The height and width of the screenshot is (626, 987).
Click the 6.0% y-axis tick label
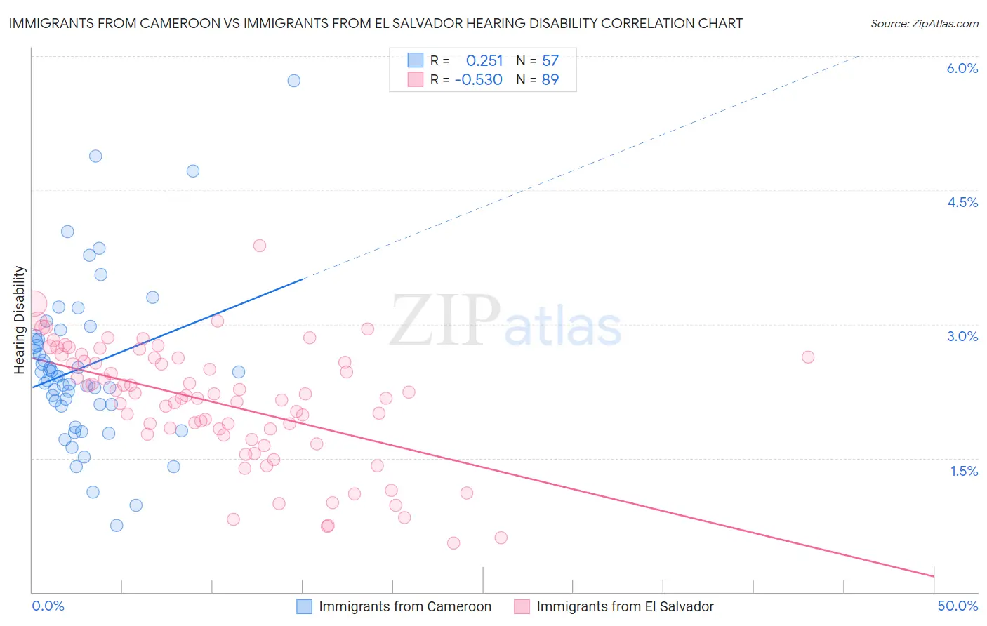pos(962,68)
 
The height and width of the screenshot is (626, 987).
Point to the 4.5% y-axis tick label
pos(962,202)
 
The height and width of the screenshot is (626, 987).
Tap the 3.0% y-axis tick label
pos(962,336)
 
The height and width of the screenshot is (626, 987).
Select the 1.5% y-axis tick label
pos(964,471)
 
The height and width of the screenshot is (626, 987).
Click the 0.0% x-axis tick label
pos(48,606)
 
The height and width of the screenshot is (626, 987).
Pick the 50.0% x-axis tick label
pos(958,606)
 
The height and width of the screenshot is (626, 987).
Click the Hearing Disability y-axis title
pos(20,319)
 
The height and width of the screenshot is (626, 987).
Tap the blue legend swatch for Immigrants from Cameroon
pos(304,606)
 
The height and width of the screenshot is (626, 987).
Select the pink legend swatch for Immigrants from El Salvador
pos(522,606)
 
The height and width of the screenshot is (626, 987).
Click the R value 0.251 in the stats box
pos(484,60)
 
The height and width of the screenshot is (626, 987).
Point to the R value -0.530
pos(479,80)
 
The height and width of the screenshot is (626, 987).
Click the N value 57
pos(550,60)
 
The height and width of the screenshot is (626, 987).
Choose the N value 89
pos(550,80)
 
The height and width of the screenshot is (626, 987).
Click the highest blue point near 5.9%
pos(294,81)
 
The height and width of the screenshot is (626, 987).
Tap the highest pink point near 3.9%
pos(260,246)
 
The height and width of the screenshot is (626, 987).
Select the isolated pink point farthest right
pos(808,357)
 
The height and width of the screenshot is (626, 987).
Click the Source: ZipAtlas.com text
pos(924,24)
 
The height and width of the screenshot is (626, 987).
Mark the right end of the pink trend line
pos(934,576)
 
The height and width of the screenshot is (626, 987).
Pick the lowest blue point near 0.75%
pos(117,526)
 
